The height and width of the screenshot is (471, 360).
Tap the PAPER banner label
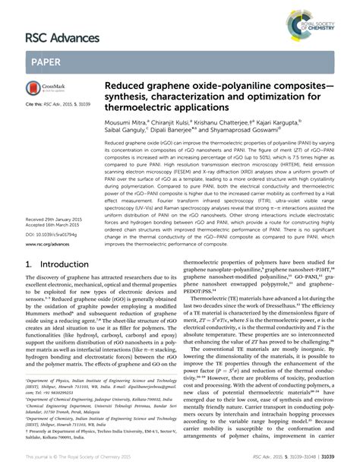pyautogui.click(x=48, y=62)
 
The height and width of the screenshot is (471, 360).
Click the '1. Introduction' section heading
pyautogui.click(x=56, y=265)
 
